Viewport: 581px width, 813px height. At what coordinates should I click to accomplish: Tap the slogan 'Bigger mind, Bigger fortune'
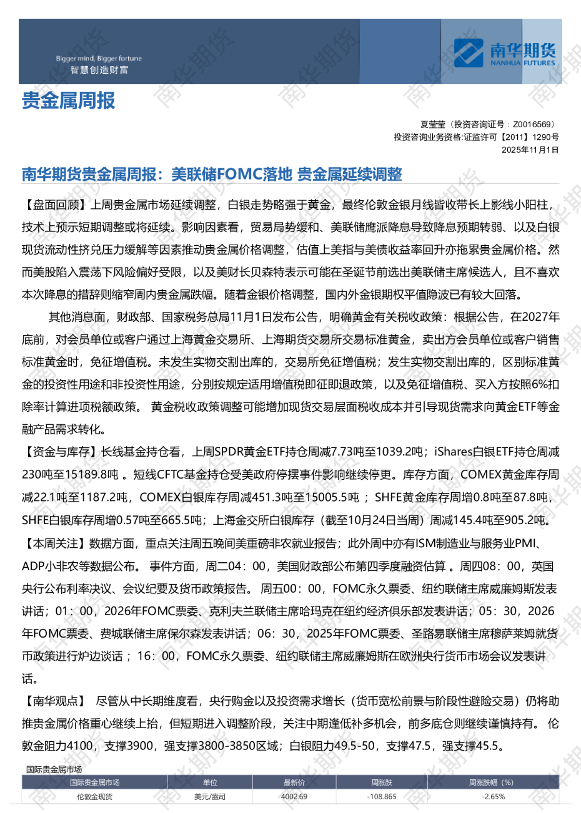tap(99, 59)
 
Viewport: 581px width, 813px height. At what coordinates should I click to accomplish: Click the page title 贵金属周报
tap(69, 100)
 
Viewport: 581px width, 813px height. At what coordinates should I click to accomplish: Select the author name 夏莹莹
tap(433, 125)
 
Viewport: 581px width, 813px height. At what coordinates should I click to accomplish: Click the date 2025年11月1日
tap(530, 150)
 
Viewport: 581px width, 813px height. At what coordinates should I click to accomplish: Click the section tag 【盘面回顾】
tap(55, 205)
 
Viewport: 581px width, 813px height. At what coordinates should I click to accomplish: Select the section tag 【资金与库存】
tap(61, 452)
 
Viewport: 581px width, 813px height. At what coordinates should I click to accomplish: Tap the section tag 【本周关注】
tap(55, 543)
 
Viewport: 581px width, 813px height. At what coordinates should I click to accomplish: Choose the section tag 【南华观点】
tap(55, 701)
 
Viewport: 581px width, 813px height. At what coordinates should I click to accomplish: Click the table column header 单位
tap(210, 782)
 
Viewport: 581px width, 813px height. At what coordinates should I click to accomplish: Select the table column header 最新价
tap(294, 782)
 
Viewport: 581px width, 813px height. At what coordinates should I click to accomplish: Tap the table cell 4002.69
tap(294, 797)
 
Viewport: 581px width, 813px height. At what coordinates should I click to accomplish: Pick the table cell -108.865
tap(382, 797)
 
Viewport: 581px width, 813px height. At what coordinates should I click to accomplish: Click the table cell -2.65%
tap(493, 797)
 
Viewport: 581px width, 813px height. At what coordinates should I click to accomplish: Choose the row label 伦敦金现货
tap(94, 797)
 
